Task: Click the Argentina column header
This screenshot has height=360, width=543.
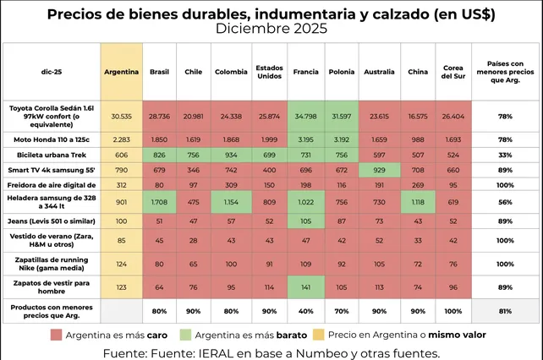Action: coord(121,72)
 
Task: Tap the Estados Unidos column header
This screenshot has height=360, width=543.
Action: coord(270,72)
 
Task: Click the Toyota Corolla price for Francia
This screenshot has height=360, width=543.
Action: coord(306,115)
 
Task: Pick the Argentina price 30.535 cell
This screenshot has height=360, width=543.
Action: coord(121,115)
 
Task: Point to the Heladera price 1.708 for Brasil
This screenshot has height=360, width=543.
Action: coord(159,203)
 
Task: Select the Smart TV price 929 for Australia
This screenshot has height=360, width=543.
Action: coord(378,171)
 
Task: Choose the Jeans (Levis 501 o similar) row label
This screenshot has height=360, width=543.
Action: coord(49,221)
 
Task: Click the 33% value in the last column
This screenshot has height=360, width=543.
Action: coord(504,155)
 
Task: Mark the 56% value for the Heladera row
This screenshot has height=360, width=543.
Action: coord(504,203)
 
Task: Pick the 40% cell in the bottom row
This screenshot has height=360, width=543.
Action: coord(306,310)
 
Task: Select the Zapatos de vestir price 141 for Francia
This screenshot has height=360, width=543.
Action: coord(306,287)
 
